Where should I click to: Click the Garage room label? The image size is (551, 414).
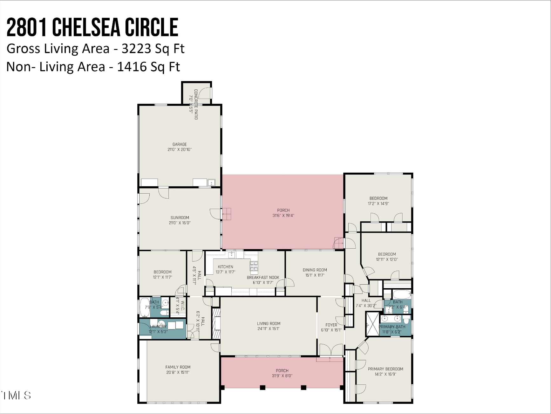click(180, 144)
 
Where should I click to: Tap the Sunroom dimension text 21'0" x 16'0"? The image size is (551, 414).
click(180, 223)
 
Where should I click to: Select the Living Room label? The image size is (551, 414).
click(269, 324)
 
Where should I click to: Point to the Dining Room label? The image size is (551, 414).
click(315, 270)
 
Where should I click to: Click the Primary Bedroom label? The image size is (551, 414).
click(385, 369)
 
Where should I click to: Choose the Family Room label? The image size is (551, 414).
click(178, 367)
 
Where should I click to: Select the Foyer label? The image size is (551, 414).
click(331, 325)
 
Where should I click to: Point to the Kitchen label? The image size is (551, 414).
click(225, 267)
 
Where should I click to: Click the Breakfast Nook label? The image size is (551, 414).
click(263, 278)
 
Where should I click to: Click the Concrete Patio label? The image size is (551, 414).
click(196, 104)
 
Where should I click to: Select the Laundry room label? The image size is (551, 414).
click(158, 327)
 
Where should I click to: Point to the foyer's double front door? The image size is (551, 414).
click(331, 350)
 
